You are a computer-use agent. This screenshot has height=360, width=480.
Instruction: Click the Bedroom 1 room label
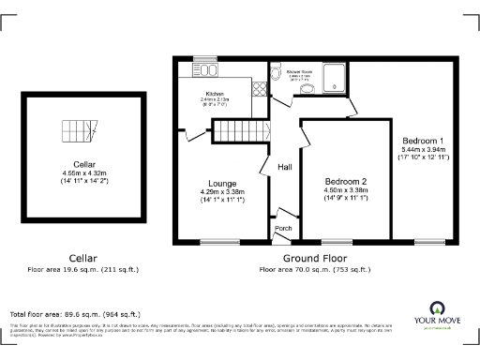tap(421, 140)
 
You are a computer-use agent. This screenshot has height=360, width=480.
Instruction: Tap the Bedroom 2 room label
tap(346, 180)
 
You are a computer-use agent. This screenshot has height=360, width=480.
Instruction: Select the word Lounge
tap(222, 183)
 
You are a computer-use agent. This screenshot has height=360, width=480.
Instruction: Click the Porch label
tap(282, 229)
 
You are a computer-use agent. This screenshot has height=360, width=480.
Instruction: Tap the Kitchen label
tap(216, 94)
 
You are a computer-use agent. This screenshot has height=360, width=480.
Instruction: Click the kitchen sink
tap(205, 69)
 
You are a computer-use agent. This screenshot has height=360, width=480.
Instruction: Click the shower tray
tap(335, 77)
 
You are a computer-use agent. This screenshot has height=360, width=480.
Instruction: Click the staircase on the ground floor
tap(240, 130)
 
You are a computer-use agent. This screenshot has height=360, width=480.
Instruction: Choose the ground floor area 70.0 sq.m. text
tap(315, 269)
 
